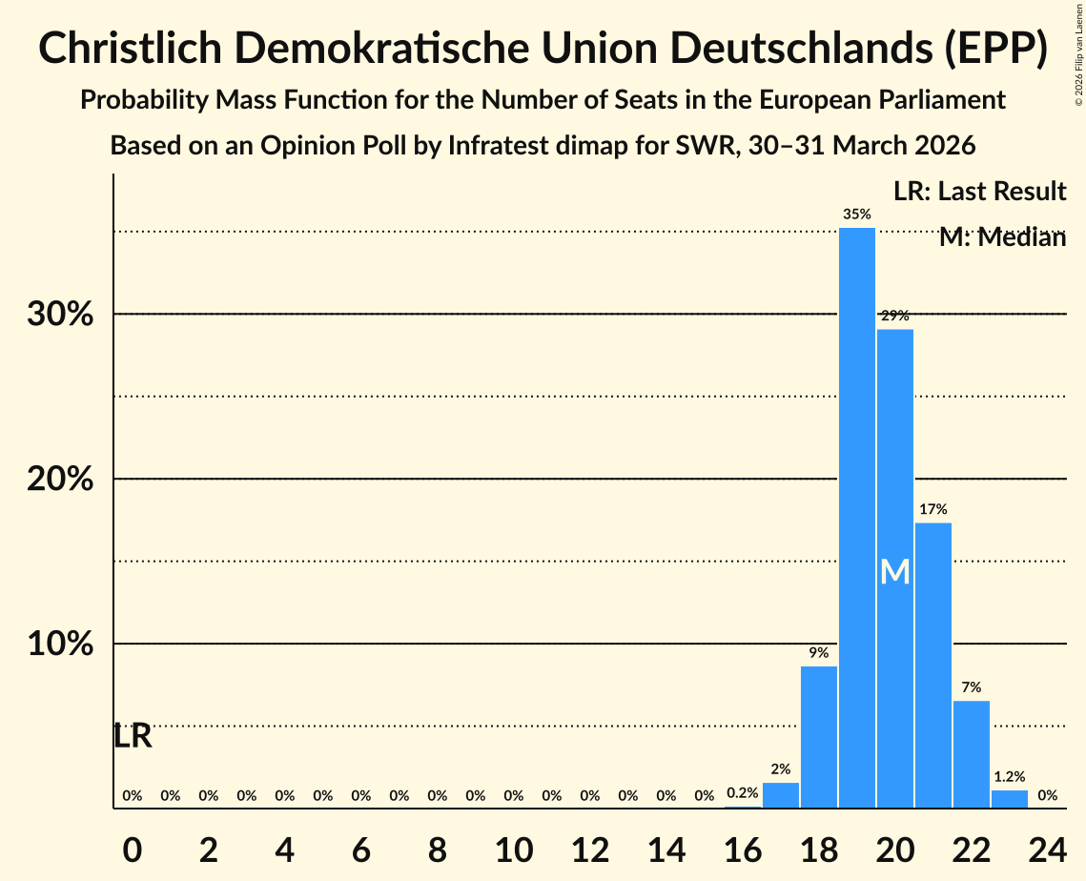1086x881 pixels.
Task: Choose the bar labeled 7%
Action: coord(971,754)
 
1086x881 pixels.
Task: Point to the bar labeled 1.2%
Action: coord(1009,799)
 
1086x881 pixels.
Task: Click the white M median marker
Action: coord(894,572)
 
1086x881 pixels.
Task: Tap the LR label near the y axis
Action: coord(133,736)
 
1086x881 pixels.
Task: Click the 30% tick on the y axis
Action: coord(60,315)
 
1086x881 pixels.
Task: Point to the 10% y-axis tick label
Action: coord(60,645)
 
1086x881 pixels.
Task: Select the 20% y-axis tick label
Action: coord(60,480)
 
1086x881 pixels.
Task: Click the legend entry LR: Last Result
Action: coord(979,192)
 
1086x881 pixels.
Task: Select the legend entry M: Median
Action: coord(1001,237)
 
